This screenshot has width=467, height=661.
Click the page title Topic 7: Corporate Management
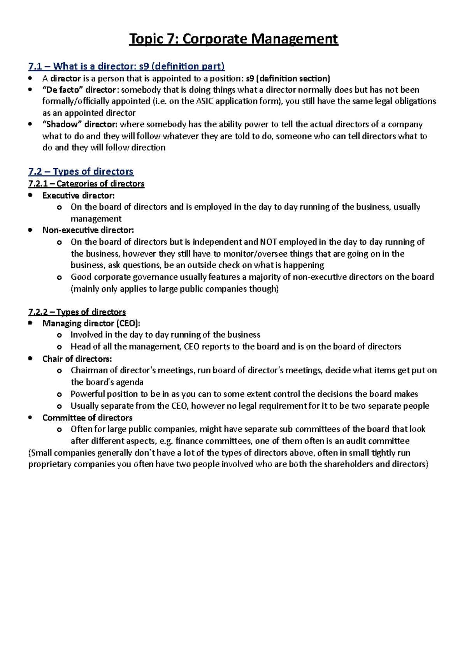tap(233, 39)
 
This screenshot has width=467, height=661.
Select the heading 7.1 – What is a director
tap(126, 67)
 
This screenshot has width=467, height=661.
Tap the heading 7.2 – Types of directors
tap(81, 172)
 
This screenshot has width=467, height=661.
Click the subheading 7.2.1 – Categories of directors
tap(86, 184)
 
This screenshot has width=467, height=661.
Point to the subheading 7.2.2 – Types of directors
tap(77, 312)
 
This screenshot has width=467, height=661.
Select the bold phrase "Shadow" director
tap(79, 125)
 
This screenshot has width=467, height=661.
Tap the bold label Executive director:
tap(78, 195)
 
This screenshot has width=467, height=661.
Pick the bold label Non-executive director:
tap(88, 230)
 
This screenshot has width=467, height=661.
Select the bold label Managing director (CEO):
tap(91, 323)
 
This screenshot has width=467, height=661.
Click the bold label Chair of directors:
tap(77, 359)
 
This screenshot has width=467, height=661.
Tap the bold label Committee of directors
tap(87, 418)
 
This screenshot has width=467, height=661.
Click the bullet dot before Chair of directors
tap(30, 359)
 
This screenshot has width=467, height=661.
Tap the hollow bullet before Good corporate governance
tap(59, 278)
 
